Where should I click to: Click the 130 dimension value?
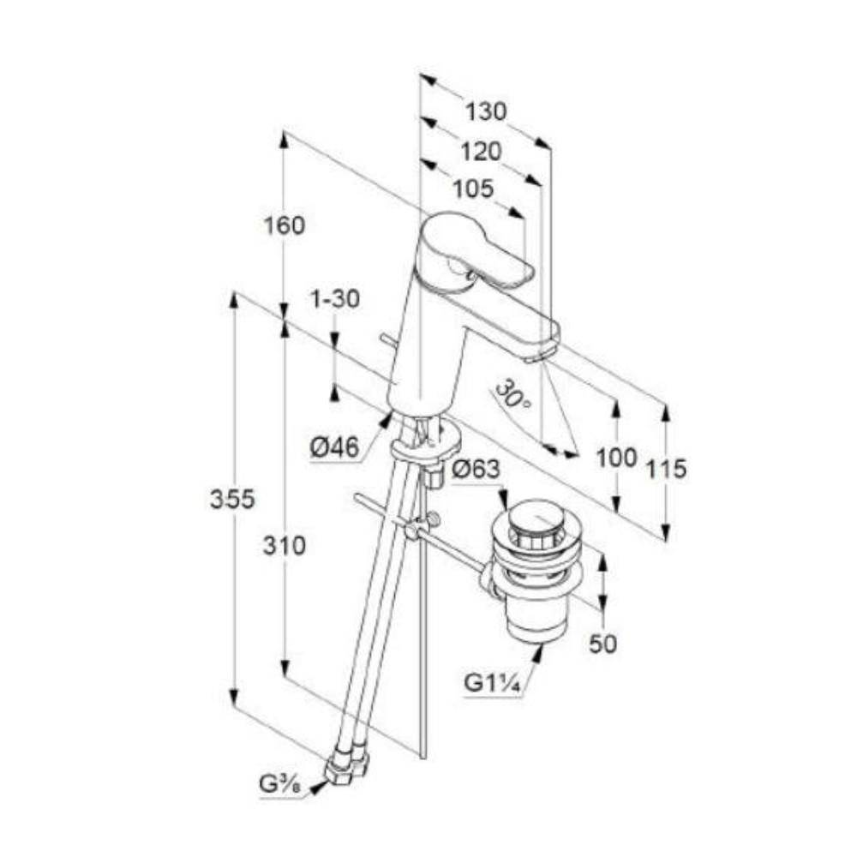tap(486, 112)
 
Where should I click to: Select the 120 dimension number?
tap(481, 152)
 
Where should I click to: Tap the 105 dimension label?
tap(473, 189)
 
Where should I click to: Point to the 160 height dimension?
tap(285, 225)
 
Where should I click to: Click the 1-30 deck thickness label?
tap(335, 299)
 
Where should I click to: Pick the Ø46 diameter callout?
tap(335, 448)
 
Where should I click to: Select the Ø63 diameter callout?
tap(476, 469)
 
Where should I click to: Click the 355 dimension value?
tap(233, 500)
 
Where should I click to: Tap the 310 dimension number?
tap(285, 545)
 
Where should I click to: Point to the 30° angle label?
tap(512, 394)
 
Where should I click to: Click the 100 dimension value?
tap(616, 458)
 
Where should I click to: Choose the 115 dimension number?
tap(666, 469)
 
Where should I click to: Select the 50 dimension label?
tap(602, 644)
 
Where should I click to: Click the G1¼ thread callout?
tap(492, 683)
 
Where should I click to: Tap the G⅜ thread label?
tap(281, 784)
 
